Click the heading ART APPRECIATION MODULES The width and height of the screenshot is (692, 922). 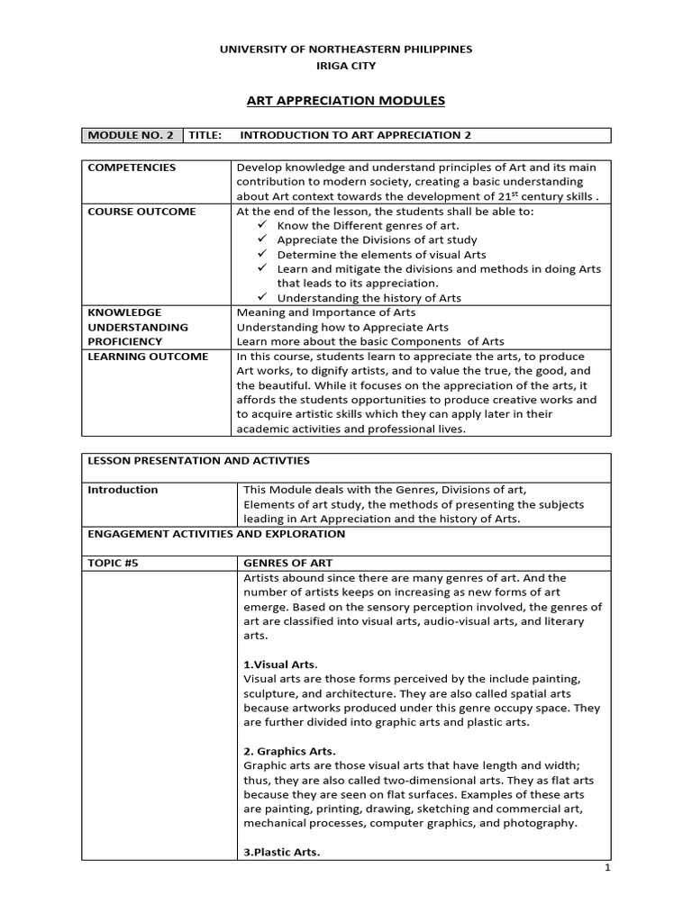(x=347, y=101)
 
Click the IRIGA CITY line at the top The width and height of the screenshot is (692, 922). (x=347, y=66)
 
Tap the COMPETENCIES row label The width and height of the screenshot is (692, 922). (x=132, y=167)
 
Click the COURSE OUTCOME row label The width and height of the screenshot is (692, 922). (x=141, y=212)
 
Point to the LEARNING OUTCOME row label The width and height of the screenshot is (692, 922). (x=147, y=357)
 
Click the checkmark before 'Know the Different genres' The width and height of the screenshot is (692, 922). (x=262, y=225)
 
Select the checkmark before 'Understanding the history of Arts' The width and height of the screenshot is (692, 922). (x=262, y=297)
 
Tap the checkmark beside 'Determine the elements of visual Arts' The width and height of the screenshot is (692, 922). (x=262, y=254)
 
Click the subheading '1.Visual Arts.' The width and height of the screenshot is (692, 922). (x=280, y=664)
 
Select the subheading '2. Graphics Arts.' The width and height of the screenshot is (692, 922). (x=289, y=751)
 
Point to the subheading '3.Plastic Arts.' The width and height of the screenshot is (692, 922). (x=281, y=852)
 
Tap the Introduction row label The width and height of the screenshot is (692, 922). (x=123, y=490)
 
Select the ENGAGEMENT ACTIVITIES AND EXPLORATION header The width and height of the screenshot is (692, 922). (x=216, y=534)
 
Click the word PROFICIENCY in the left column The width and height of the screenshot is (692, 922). (x=124, y=342)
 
